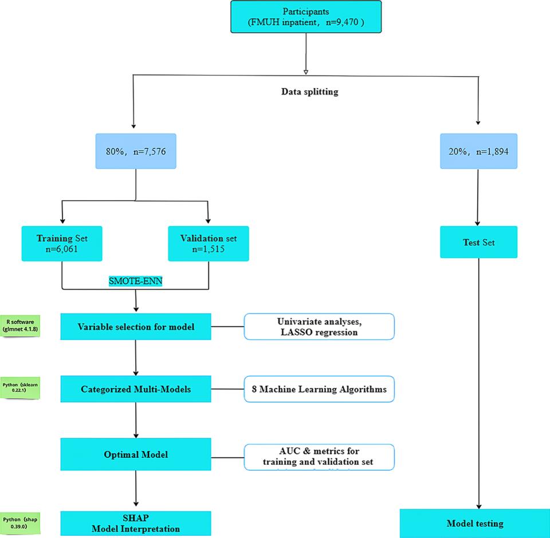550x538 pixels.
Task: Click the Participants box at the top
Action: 305,17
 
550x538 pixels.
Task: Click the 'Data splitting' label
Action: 310,92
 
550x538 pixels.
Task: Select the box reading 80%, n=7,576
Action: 135,152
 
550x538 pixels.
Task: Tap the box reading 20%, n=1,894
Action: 478,152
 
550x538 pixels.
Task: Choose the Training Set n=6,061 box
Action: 61,242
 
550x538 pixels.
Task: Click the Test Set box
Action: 478,242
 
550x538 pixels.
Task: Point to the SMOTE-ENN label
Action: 135,281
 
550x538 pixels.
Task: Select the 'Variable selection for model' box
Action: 136,327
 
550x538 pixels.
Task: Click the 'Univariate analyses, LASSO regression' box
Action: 319,327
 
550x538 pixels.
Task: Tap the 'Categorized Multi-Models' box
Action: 136,389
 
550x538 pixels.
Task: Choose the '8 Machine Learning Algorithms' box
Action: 319,389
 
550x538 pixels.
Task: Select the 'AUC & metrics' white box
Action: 319,457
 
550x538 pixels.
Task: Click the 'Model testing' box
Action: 475,523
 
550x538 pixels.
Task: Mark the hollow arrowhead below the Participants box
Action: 305,72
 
